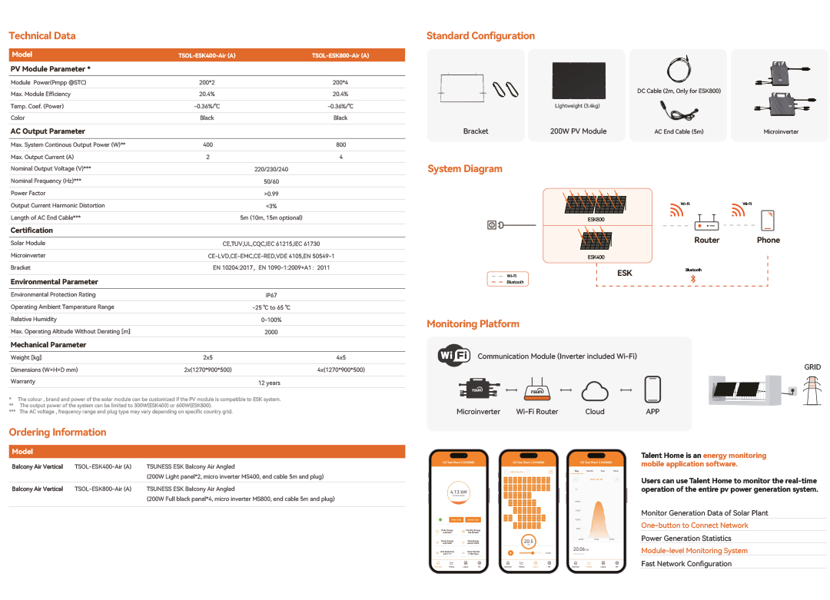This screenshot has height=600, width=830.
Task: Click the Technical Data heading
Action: click(42, 35)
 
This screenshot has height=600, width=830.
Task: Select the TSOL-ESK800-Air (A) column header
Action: click(340, 55)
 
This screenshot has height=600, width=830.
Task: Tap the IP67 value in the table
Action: click(271, 295)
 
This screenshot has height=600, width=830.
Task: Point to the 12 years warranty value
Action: click(269, 383)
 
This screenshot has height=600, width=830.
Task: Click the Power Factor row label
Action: click(28, 194)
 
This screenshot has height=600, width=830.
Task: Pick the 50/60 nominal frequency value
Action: click(271, 181)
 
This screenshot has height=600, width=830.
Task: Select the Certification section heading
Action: click(32, 230)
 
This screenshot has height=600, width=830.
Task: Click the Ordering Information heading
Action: click(58, 433)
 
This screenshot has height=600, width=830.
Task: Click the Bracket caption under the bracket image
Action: click(476, 131)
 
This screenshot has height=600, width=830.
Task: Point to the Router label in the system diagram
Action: click(706, 240)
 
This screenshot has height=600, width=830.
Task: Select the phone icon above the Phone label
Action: click(767, 220)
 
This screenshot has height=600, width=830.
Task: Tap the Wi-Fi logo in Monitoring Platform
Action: click(454, 356)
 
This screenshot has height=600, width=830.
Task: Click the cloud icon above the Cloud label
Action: click(595, 390)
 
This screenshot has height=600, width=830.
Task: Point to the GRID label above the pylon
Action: click(812, 367)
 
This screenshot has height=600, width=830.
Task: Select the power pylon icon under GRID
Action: click(812, 390)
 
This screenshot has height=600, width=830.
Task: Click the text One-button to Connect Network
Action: click(695, 525)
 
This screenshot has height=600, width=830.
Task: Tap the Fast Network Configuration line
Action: click(686, 564)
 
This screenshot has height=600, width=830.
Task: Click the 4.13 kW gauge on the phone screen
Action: click(459, 492)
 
